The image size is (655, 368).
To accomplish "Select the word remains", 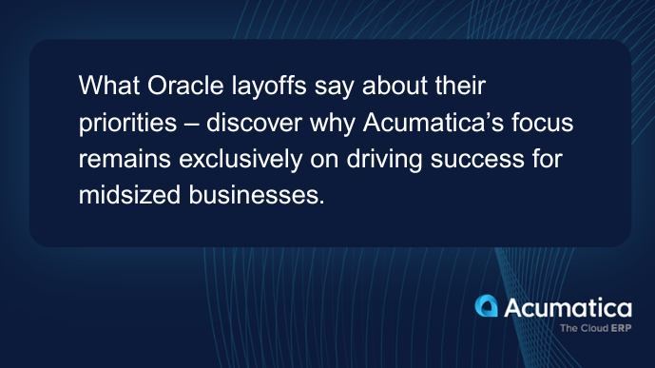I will (x=119, y=162).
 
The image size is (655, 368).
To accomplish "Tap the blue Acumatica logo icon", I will (x=486, y=307).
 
